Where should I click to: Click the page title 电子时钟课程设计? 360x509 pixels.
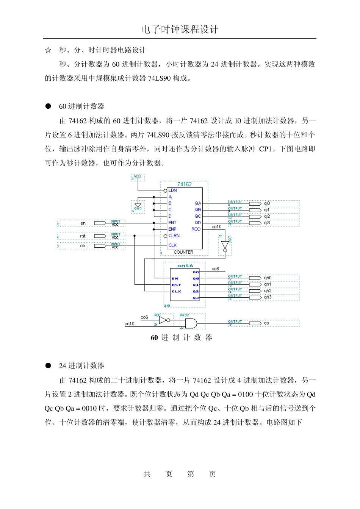180,30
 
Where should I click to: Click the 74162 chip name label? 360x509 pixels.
185,184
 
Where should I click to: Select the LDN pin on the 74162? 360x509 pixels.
172,190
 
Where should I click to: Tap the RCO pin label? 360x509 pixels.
196,229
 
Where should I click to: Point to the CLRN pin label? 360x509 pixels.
174,236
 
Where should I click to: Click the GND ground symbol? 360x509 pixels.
138,206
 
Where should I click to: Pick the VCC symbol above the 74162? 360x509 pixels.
138,177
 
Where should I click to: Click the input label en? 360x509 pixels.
83,223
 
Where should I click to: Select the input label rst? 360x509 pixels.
83,236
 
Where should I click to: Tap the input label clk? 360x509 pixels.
83,246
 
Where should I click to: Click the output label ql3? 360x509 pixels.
267,223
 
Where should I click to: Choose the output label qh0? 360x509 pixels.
268,278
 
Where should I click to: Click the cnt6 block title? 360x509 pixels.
185,266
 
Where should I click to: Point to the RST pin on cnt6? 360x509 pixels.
176,285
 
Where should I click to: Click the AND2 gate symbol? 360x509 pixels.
191,323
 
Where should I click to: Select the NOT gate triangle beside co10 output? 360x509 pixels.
225,245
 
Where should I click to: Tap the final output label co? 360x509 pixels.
266,323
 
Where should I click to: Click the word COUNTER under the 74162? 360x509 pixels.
183,252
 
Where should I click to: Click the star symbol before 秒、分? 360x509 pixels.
48,50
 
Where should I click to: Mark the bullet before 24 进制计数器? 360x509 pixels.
48,365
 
